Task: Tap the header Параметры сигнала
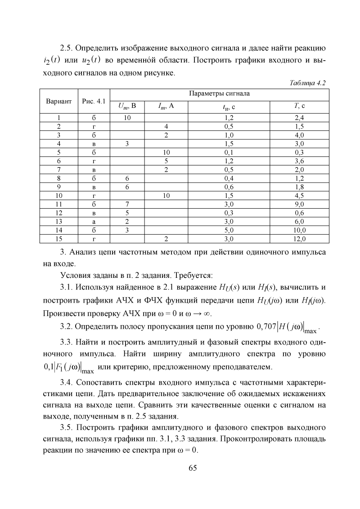coord(220,94)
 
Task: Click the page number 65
coord(193,468)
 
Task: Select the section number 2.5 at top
coord(68,48)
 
